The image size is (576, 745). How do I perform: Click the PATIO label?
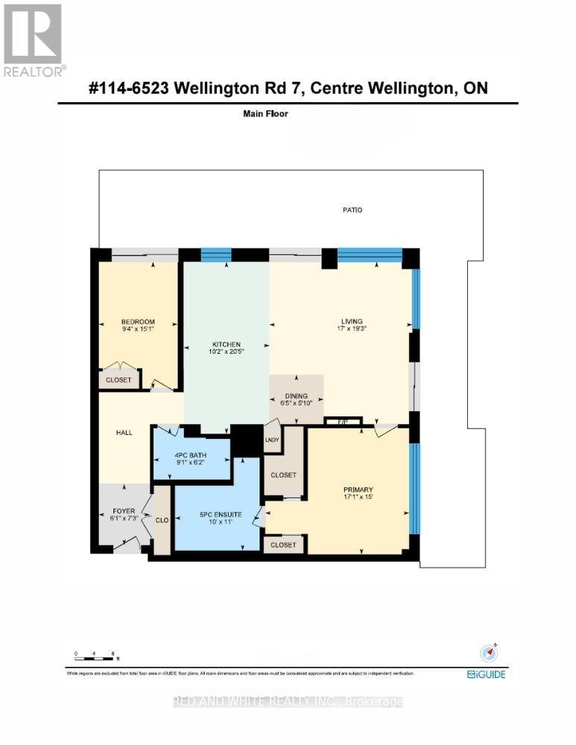352,210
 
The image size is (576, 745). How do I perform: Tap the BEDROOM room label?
139,322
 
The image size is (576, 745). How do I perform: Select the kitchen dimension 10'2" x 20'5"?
227,352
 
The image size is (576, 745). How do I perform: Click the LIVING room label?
345,322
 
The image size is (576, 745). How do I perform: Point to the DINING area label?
297,397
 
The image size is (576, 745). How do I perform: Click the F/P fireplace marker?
344,422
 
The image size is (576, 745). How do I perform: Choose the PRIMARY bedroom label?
358,489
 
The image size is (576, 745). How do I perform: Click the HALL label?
124,432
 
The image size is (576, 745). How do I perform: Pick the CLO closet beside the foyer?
162,521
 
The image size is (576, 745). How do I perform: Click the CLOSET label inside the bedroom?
118,380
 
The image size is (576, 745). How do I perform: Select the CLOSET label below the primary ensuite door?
284,545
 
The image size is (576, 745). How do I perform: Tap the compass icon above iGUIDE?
487,652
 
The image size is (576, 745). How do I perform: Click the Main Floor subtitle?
265,114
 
